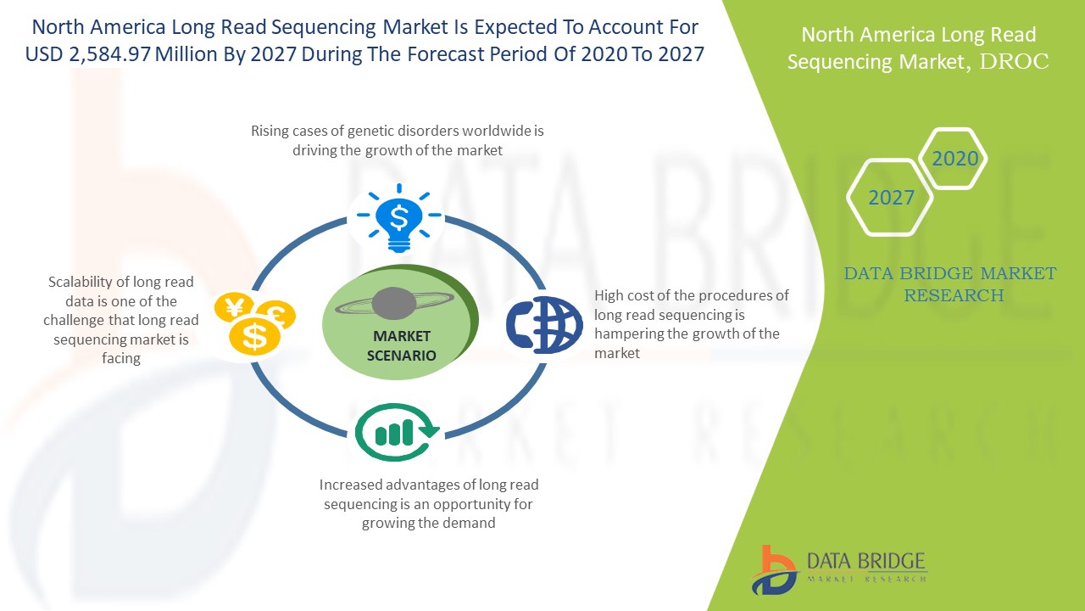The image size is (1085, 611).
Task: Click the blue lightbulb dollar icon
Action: [399, 218]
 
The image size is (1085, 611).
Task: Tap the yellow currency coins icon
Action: [255, 323]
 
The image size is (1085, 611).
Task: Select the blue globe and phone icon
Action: [544, 324]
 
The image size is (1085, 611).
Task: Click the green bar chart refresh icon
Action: [397, 432]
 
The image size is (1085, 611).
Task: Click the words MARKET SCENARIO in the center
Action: [402, 345]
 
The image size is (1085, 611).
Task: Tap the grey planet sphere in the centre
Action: [394, 303]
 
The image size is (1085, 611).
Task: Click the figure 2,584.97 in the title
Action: [109, 54]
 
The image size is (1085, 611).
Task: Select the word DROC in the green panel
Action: [1014, 62]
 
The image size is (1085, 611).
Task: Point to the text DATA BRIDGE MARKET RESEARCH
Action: [950, 284]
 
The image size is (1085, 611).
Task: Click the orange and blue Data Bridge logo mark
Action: [774, 570]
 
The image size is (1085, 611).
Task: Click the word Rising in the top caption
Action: [270, 132]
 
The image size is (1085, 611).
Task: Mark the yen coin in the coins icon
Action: [235, 307]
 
